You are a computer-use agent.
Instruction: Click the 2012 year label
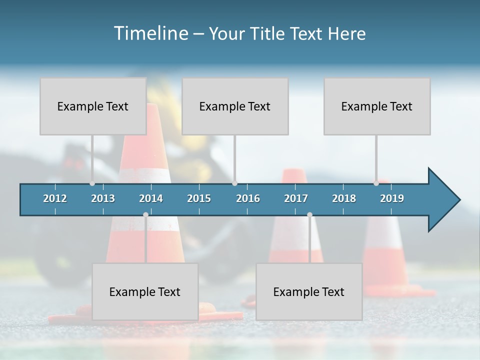[55, 198]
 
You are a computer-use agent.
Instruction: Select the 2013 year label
[103, 198]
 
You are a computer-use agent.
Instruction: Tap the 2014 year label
[151, 198]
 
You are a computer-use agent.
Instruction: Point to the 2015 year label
[199, 198]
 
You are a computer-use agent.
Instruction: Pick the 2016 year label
[248, 198]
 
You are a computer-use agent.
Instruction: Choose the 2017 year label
[296, 198]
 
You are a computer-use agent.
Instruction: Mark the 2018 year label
[344, 198]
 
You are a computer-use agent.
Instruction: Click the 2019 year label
[392, 198]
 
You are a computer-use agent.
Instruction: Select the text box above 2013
[93, 106]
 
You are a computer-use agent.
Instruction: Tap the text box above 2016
[235, 106]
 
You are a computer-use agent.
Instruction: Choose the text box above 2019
[377, 106]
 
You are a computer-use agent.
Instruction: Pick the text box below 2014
[145, 291]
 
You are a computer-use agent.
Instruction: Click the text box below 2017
[309, 291]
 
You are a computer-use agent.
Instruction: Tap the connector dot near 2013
[92, 183]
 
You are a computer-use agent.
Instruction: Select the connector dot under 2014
[145, 214]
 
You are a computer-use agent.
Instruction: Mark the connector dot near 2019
[376, 183]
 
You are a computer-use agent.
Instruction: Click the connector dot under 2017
[309, 214]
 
